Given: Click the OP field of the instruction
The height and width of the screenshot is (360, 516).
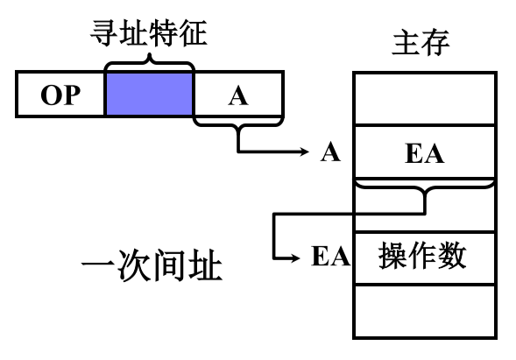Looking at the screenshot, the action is [x=60, y=94].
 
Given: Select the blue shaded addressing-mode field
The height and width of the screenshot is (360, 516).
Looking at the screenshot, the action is [x=150, y=94].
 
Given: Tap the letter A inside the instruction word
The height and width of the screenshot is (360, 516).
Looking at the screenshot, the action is [x=238, y=96].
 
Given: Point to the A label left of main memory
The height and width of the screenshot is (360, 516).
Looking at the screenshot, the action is [x=330, y=152].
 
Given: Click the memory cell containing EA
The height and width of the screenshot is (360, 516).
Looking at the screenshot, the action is [x=425, y=152].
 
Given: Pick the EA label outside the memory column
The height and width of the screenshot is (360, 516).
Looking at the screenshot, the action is [x=331, y=256].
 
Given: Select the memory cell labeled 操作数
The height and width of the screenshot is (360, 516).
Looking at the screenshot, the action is [x=425, y=257].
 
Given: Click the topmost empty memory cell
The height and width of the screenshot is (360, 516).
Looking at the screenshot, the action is [x=425, y=98].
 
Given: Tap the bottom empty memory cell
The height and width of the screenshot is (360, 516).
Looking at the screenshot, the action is [x=425, y=311].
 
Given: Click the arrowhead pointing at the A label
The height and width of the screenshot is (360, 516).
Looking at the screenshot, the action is [x=304, y=152].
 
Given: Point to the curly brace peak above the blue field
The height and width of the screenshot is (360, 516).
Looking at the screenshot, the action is [x=150, y=54].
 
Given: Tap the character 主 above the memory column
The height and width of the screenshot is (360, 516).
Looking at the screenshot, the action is [x=406, y=42].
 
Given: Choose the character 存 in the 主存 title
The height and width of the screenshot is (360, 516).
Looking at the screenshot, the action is [x=435, y=42].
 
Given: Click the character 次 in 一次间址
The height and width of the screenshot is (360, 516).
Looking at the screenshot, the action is [x=134, y=265].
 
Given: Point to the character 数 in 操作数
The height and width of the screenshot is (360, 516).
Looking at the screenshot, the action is [x=451, y=256].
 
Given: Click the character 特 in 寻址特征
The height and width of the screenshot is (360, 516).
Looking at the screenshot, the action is [x=164, y=33].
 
